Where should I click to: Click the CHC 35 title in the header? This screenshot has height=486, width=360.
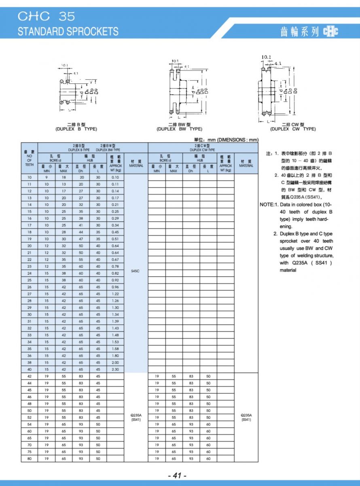pos(46,16)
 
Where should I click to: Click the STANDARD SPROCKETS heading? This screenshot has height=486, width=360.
pos(68,31)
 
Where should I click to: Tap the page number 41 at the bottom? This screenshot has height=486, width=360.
pos(177,475)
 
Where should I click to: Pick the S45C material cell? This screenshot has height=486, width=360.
pos(136,271)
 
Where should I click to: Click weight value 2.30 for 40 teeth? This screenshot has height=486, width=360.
pos(115,369)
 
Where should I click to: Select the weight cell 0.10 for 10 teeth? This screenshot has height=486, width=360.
pos(115,177)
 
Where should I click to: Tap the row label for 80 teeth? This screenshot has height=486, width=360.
pos(30,458)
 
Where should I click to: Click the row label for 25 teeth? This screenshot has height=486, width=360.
pos(30,280)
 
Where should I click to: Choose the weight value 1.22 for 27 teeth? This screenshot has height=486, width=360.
pos(115,294)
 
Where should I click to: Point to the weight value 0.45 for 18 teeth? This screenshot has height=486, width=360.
pos(115,232)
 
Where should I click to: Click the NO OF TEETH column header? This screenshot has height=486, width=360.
pos(30,158)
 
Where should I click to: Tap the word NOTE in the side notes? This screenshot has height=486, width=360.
pos(267,205)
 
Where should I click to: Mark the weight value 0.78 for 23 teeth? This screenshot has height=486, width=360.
pos(115,266)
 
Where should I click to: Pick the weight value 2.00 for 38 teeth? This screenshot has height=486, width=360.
pos(115,362)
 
